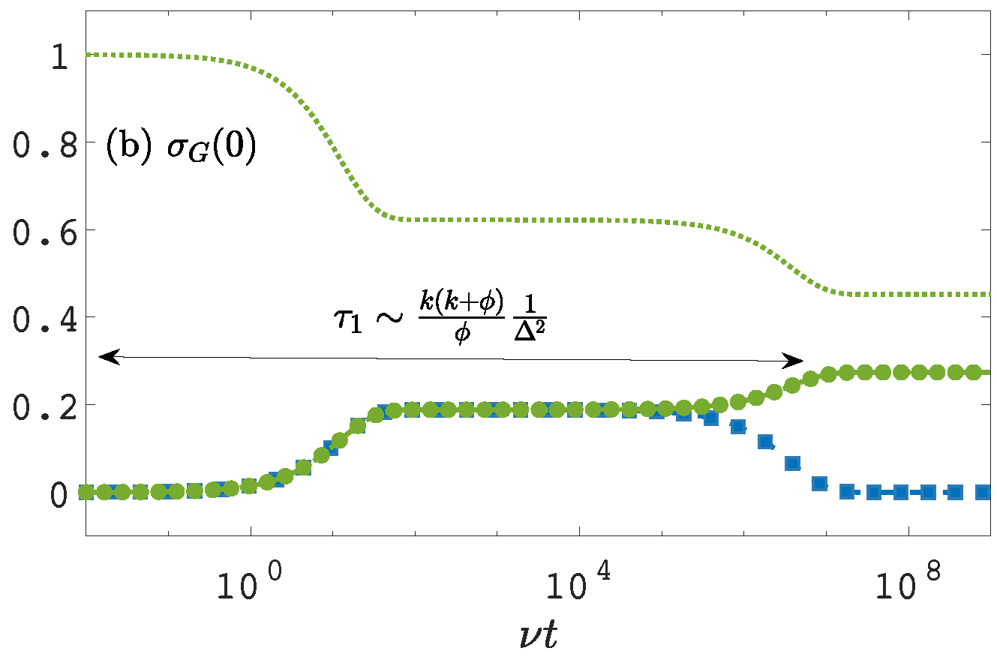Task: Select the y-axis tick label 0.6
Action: click(47, 230)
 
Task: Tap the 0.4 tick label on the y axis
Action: click(47, 317)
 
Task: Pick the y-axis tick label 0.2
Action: click(47, 405)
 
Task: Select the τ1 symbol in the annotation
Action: click(348, 326)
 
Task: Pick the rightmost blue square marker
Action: click(955, 493)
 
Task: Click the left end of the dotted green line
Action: click(88, 55)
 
